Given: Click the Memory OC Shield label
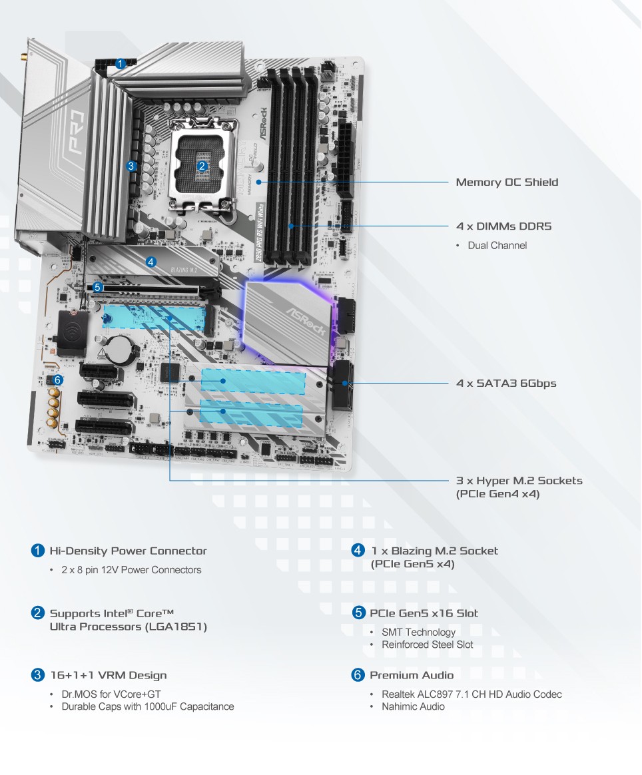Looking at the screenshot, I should (x=507, y=182).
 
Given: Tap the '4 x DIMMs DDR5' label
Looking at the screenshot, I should (x=503, y=226).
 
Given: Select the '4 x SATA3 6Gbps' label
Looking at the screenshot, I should (x=505, y=384).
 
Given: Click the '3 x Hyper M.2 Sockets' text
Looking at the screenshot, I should (x=519, y=481).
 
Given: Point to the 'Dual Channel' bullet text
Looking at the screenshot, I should (x=497, y=246).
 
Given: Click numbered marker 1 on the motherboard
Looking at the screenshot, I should (x=121, y=64).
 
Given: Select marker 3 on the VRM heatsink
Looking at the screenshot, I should (x=131, y=166).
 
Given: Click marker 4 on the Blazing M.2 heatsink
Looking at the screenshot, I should (x=151, y=262).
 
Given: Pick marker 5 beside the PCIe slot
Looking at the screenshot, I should (x=98, y=288).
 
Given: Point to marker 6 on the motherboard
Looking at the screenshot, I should (x=58, y=380).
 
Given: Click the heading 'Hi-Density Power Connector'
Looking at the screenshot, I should (x=128, y=551).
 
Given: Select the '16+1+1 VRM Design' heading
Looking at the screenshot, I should (x=108, y=676).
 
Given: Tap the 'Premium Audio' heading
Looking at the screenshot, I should (x=412, y=676).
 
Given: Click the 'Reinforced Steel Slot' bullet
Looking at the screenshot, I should (x=427, y=645).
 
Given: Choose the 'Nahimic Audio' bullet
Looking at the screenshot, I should (x=413, y=706).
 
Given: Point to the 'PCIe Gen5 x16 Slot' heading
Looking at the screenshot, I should (x=424, y=613).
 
